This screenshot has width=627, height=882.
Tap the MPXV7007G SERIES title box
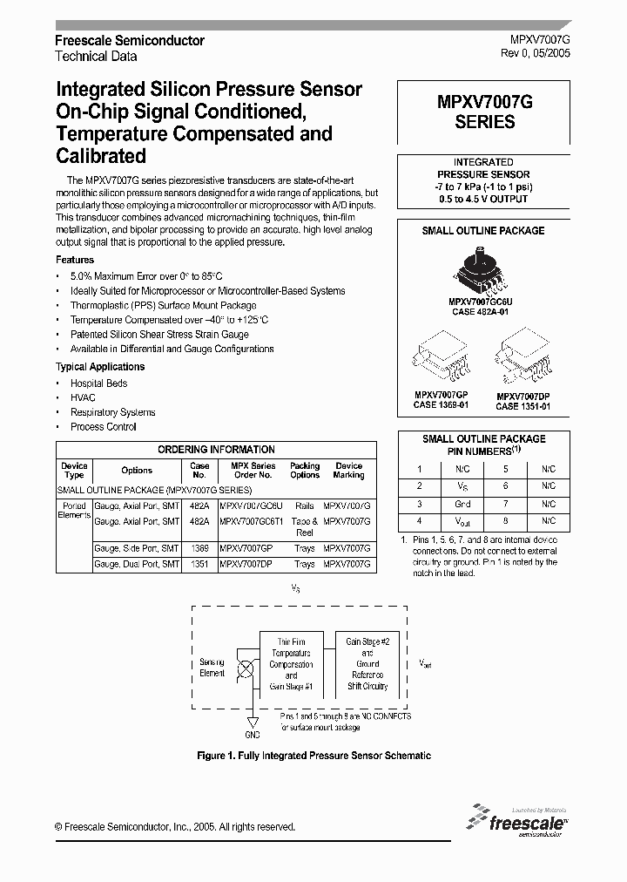pyautogui.click(x=485, y=112)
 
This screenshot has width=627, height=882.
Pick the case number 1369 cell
pyautogui.click(x=199, y=549)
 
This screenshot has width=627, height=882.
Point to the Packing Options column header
pyautogui.click(x=305, y=471)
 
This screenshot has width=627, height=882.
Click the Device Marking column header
pyautogui.click(x=348, y=471)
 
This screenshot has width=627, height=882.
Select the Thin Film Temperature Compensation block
pyautogui.click(x=291, y=664)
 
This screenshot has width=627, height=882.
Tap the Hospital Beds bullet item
pyautogui.click(x=99, y=383)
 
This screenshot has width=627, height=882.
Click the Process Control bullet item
pyautogui.click(x=104, y=426)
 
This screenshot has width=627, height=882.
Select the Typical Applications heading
pyautogui.click(x=100, y=367)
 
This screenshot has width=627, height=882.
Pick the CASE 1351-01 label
pyautogui.click(x=522, y=405)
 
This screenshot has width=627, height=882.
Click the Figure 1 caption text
pyautogui.click(x=313, y=756)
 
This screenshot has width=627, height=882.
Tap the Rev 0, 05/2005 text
pyautogui.click(x=536, y=54)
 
